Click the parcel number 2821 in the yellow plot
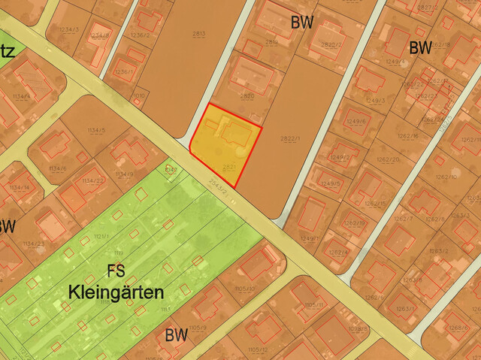(230, 166)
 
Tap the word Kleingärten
(116, 292)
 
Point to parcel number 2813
(198, 34)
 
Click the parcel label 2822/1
(289, 138)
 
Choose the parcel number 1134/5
(95, 131)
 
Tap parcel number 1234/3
(68, 29)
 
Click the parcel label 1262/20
(388, 160)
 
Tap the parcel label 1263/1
(405, 309)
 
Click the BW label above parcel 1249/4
(420, 48)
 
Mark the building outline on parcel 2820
(251, 74)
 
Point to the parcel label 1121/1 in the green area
(101, 236)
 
